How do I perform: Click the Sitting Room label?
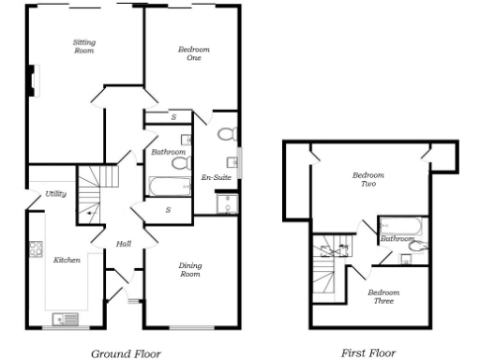pyautogui.click(x=84, y=47)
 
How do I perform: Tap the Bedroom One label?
pyautogui.click(x=193, y=53)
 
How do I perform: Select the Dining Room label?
pyautogui.click(x=190, y=270)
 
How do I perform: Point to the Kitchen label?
pyautogui.click(x=66, y=260)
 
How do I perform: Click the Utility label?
pyautogui.click(x=55, y=194)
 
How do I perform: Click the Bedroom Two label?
pyautogui.click(x=365, y=180)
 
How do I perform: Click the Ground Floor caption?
pyautogui.click(x=126, y=353)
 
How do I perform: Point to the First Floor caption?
pyautogui.click(x=367, y=353)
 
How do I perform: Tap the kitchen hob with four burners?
pyautogui.click(x=37, y=249)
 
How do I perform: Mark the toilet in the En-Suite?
pyautogui.click(x=228, y=135)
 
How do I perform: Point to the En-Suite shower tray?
pyautogui.click(x=226, y=205)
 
